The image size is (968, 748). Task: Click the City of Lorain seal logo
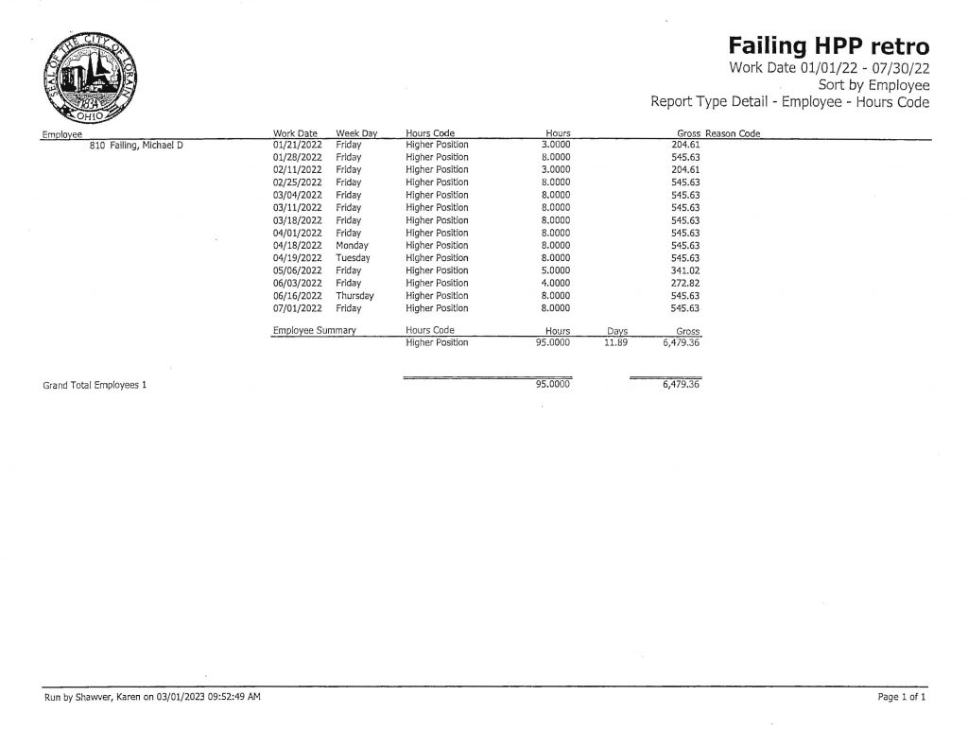[88, 79]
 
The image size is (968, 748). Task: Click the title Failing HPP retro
[828, 46]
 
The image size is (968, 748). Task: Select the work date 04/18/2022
[298, 245]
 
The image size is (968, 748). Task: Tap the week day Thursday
[354, 296]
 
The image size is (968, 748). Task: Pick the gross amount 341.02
[684, 270]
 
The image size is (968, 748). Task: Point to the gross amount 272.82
[684, 283]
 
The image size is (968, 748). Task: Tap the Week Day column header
[356, 133]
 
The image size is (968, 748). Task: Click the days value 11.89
[616, 342]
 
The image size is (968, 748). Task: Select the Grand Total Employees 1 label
[95, 387]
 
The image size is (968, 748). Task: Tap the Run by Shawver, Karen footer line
[152, 697]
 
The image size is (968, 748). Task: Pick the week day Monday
[352, 245]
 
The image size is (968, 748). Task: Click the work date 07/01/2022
[298, 308]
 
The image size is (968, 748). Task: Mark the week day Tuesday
[353, 257]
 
